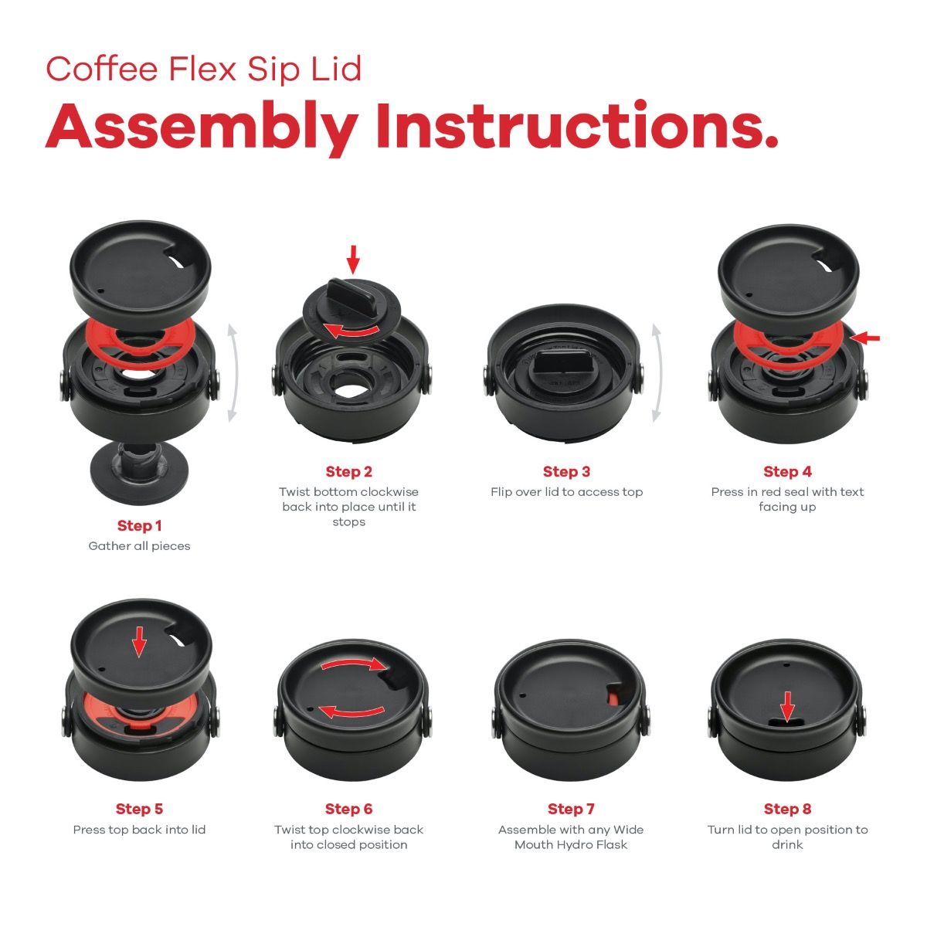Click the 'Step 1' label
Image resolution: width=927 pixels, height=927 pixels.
pos(140,526)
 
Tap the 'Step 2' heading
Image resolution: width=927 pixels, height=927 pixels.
pos(348,472)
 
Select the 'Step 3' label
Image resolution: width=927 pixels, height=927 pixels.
pos(566,472)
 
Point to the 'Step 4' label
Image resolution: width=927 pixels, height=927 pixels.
pos(787,472)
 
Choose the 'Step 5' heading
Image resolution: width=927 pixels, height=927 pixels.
pos(139,810)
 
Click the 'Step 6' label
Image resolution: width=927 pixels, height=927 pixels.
pos(348,810)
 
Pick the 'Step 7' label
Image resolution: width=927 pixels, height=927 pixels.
pos(571,810)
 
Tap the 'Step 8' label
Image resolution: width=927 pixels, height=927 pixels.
pos(787,810)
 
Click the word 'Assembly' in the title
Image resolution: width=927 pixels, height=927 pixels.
pos(202,127)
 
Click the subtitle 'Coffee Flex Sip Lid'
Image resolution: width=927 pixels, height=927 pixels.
pos(204,69)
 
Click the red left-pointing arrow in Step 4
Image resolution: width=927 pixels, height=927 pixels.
pos(868,338)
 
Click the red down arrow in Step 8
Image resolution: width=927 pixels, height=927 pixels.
pos(786,705)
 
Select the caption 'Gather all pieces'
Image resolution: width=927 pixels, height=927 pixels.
pos(139,546)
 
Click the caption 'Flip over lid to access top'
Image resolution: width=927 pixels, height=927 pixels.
pos(566,492)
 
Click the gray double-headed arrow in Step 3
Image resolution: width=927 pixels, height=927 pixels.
pos(657,373)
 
